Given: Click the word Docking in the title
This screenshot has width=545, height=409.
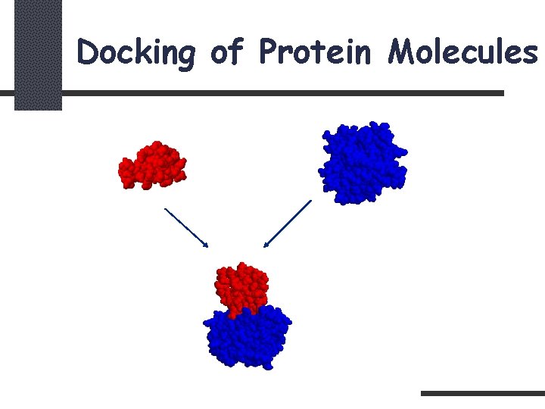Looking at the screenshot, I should (135, 53).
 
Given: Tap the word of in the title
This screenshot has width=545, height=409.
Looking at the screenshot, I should (226, 52).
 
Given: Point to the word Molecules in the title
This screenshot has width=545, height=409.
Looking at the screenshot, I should (462, 52).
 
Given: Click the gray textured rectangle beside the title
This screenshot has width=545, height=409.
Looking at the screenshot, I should (38, 55).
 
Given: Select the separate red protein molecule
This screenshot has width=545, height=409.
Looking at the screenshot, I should (153, 164).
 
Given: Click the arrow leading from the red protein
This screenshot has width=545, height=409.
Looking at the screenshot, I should (185, 226).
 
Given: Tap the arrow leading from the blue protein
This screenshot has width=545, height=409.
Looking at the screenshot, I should (288, 223).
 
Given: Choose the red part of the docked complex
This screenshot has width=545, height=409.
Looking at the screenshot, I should (241, 289).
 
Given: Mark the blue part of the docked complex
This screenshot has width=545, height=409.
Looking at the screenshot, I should (247, 338).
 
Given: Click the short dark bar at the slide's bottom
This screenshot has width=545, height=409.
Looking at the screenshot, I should (482, 393).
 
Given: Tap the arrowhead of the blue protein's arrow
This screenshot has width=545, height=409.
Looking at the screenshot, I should (266, 245).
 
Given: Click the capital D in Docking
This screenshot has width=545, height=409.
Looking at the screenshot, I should (89, 52).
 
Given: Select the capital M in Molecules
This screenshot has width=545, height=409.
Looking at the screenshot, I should (403, 52).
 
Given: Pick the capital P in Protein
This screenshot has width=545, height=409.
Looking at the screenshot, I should (269, 52).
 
